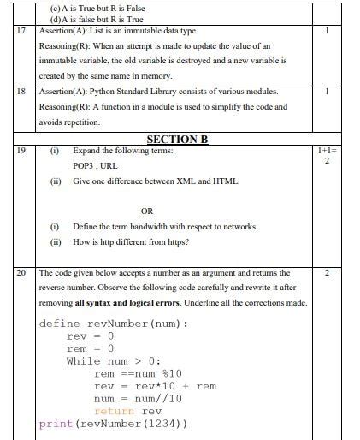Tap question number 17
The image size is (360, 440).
coord(21,31)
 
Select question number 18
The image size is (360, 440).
coord(21,91)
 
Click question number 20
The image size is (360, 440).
coord(21,272)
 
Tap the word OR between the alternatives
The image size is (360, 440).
coord(147,211)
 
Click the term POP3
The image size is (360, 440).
coord(85,166)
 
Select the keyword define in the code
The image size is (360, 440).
coord(60,324)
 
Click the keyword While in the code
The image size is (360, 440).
coord(83,361)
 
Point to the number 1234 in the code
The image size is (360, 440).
coord(161,425)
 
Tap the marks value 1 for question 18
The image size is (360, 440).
coord(327,91)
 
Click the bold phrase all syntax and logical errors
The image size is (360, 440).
coord(121,302)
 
